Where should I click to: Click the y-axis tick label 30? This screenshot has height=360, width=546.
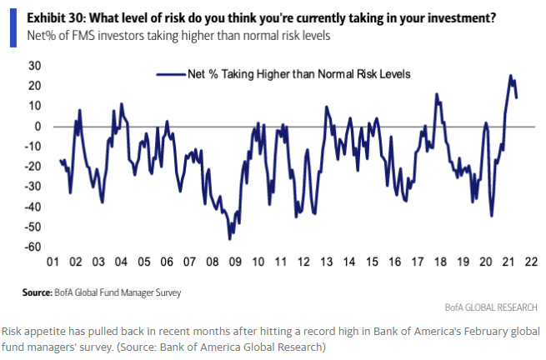(x=35, y=66)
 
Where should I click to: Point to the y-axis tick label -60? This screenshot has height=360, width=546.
(x=33, y=247)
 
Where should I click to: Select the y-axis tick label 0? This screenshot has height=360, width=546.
(x=38, y=127)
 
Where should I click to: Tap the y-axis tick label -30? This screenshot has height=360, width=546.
(x=33, y=187)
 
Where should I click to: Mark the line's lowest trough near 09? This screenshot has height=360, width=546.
(x=229, y=239)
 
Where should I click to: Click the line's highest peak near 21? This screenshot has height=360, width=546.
(x=510, y=75)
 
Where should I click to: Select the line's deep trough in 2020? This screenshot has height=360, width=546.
(x=492, y=216)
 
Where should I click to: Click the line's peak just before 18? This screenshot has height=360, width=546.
(x=437, y=94)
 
